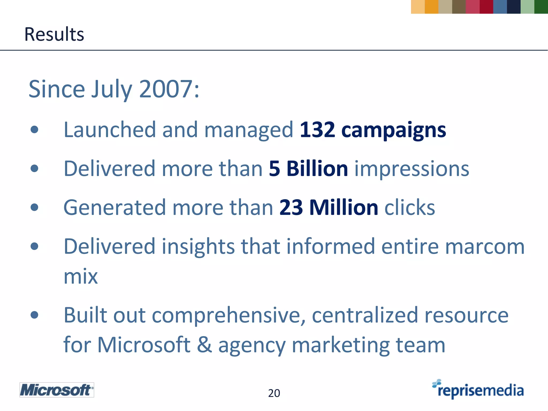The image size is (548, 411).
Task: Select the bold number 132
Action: point(317,130)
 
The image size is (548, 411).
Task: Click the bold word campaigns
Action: point(394,130)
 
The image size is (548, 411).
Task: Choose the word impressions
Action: point(412,169)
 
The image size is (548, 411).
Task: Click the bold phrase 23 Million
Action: point(329,207)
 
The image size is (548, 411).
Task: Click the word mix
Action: point(81,276)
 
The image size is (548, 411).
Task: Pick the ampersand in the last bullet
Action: point(204,345)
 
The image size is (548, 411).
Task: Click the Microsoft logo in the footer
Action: point(57,390)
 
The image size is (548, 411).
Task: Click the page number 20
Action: point(274,393)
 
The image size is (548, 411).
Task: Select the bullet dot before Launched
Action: point(35,130)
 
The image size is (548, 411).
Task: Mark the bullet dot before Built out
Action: point(35,315)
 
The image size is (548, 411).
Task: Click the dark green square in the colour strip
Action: point(541,7)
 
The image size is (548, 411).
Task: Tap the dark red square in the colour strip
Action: point(486,7)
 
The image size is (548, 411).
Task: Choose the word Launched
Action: point(110,130)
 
